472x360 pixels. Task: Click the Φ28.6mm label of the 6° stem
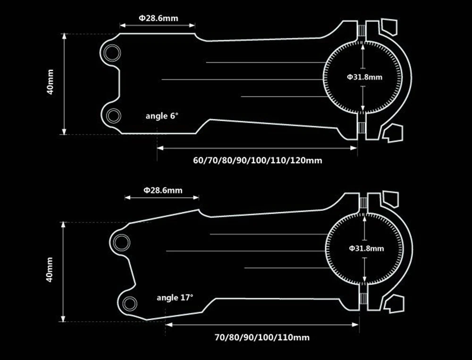(158, 18)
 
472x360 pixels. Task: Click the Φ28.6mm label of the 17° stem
(163, 190)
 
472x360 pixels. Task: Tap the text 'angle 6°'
(162, 116)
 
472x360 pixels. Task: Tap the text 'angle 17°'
(175, 298)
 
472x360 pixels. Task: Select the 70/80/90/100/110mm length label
(262, 337)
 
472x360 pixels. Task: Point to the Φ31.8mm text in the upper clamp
(364, 77)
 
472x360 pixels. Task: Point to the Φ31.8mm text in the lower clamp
(366, 248)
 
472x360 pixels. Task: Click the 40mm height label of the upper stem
(51, 82)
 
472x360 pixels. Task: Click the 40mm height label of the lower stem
(50, 269)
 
